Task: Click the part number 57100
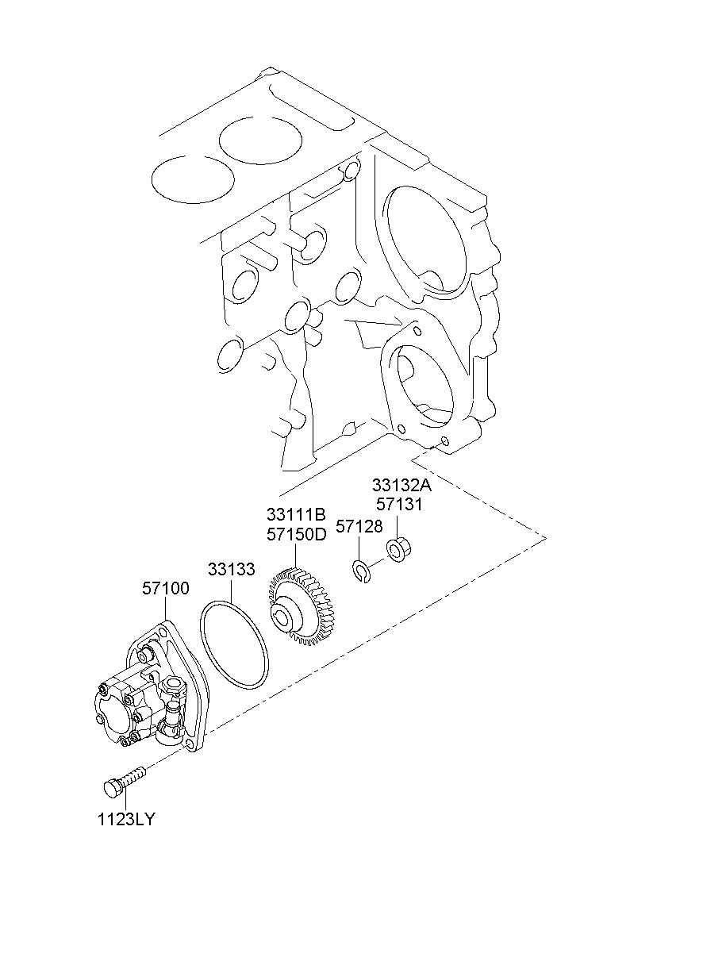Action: click(x=166, y=589)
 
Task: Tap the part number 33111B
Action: click(x=296, y=515)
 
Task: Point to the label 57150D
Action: click(x=296, y=533)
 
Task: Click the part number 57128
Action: click(x=359, y=526)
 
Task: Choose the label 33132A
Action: click(x=403, y=486)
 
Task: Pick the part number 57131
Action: click(x=399, y=504)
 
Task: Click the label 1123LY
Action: click(x=126, y=820)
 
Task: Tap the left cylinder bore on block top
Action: click(x=189, y=178)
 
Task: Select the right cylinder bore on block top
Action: click(x=261, y=140)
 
